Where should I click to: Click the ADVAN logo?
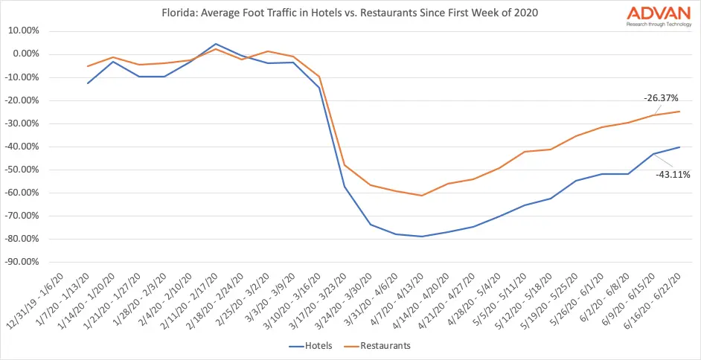point(648,13)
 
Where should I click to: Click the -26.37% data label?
point(661,97)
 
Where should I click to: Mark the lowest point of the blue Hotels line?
point(422,237)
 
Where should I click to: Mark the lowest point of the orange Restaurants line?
point(422,196)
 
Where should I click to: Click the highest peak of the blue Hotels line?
point(215,44)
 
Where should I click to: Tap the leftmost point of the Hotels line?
point(89,83)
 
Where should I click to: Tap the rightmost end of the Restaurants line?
point(679,112)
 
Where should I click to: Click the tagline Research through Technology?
point(648,24)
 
